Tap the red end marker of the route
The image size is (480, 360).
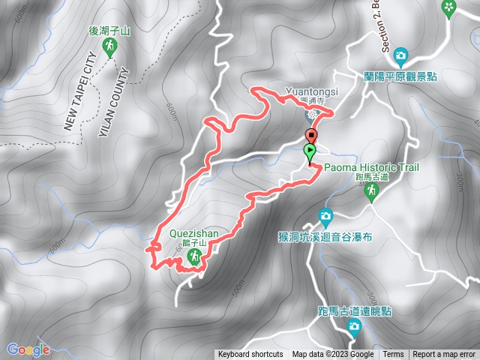click(x=311, y=135)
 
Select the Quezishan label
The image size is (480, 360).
click(x=193, y=233)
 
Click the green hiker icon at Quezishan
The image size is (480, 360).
click(x=194, y=257)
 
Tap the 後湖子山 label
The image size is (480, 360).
click(x=109, y=32)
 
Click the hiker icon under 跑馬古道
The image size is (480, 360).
click(x=370, y=192)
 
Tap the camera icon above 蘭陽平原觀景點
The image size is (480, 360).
click(x=400, y=55)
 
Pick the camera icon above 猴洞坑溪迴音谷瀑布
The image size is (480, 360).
click(x=325, y=216)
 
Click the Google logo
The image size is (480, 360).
click(x=28, y=349)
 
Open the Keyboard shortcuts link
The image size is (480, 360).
click(x=250, y=355)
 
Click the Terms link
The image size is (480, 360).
click(x=393, y=355)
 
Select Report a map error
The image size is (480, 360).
click(x=445, y=355)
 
